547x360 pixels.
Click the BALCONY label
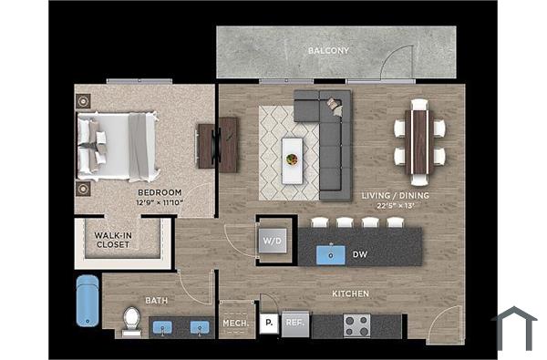click(x=328, y=50)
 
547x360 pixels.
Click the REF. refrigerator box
click(x=294, y=323)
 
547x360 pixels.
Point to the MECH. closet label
click(x=236, y=323)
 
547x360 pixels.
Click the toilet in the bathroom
click(x=131, y=320)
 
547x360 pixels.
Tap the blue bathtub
click(x=86, y=302)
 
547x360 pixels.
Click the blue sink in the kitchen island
click(x=330, y=255)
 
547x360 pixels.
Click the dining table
click(x=419, y=141)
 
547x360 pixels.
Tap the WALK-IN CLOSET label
click(x=113, y=241)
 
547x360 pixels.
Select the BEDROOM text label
click(x=160, y=192)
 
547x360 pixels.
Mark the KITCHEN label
click(x=350, y=293)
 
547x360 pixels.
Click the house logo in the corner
click(x=514, y=328)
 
